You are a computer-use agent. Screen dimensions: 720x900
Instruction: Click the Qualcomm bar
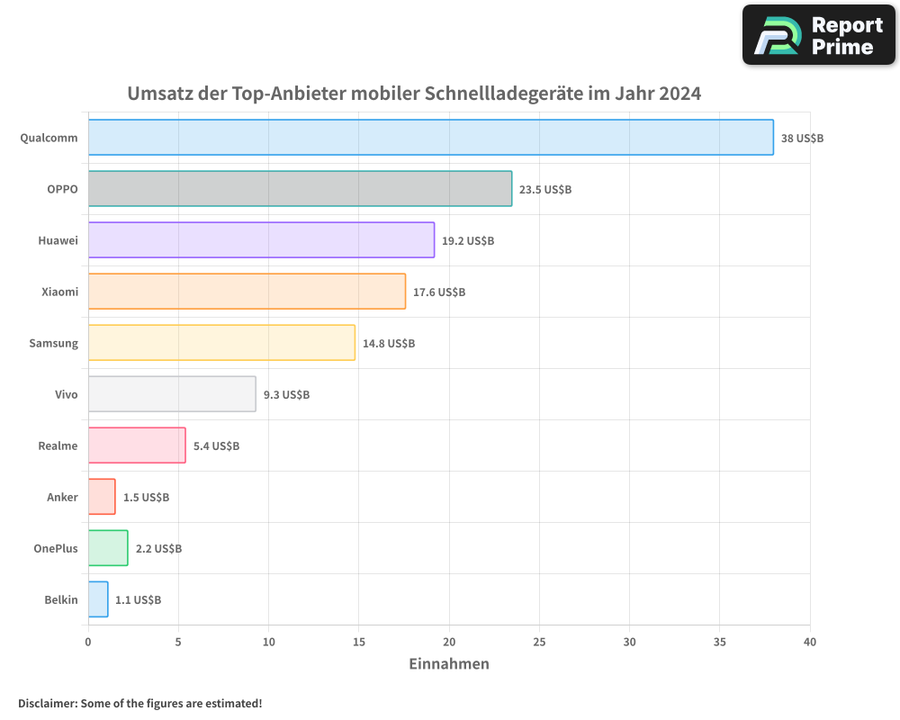coord(430,138)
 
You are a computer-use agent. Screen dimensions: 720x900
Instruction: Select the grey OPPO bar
coord(300,189)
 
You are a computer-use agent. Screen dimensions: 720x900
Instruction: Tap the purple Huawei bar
coord(261,240)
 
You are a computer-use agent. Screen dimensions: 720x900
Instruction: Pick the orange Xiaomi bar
coord(247,292)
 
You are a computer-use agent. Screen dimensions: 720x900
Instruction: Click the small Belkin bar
coord(98,599)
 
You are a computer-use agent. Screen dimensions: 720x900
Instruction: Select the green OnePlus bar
coord(108,548)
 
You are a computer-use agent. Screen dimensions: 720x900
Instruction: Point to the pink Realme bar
coord(137,445)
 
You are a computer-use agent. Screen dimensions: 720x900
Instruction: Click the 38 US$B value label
coord(802,138)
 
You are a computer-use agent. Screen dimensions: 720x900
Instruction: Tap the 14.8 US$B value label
coord(388,343)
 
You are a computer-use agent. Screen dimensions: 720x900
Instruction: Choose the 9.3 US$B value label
coord(286,394)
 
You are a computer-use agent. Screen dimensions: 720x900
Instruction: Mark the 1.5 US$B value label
coord(146,497)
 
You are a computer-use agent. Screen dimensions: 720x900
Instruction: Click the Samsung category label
coord(53,343)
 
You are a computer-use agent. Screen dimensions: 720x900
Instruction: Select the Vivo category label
coord(66,394)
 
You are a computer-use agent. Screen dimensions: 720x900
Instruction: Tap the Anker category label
coord(62,497)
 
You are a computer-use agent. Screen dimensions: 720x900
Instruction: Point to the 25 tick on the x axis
coord(539,642)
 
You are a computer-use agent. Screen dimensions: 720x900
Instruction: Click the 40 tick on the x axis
coord(809,642)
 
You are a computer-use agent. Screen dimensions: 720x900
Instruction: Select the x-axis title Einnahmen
coord(449,664)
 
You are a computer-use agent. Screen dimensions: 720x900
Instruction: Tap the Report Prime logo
coord(819,35)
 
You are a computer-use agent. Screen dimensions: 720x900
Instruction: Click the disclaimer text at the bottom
coord(139,703)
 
